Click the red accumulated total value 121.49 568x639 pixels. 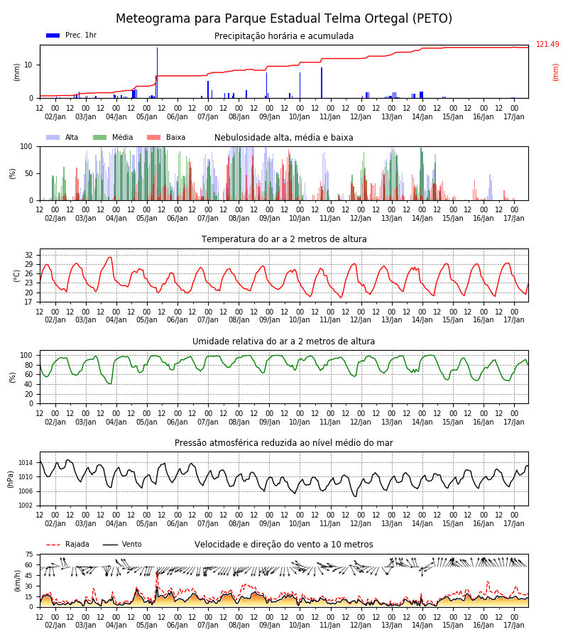[547, 45]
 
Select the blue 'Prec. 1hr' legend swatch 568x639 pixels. [53, 35]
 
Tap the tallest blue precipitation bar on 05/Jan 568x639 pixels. [158, 72]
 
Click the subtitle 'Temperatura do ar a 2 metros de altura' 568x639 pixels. [284, 239]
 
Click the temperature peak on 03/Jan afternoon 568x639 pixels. [109, 257]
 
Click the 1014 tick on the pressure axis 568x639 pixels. [26, 462]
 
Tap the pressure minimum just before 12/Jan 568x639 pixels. [355, 496]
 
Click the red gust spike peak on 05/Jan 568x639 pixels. [157, 572]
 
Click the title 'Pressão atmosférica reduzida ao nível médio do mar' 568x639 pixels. [284, 443]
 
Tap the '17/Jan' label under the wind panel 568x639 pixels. [514, 625]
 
